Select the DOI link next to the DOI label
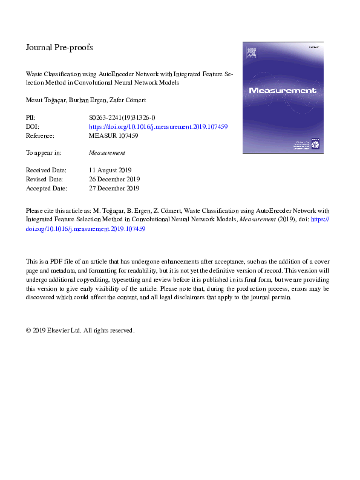pyautogui.click(x=158, y=128)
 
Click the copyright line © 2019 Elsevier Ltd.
pyautogui.click(x=79, y=331)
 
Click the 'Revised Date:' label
pyautogui.click(x=46, y=180)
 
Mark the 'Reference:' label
pyautogui.click(x=41, y=136)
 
